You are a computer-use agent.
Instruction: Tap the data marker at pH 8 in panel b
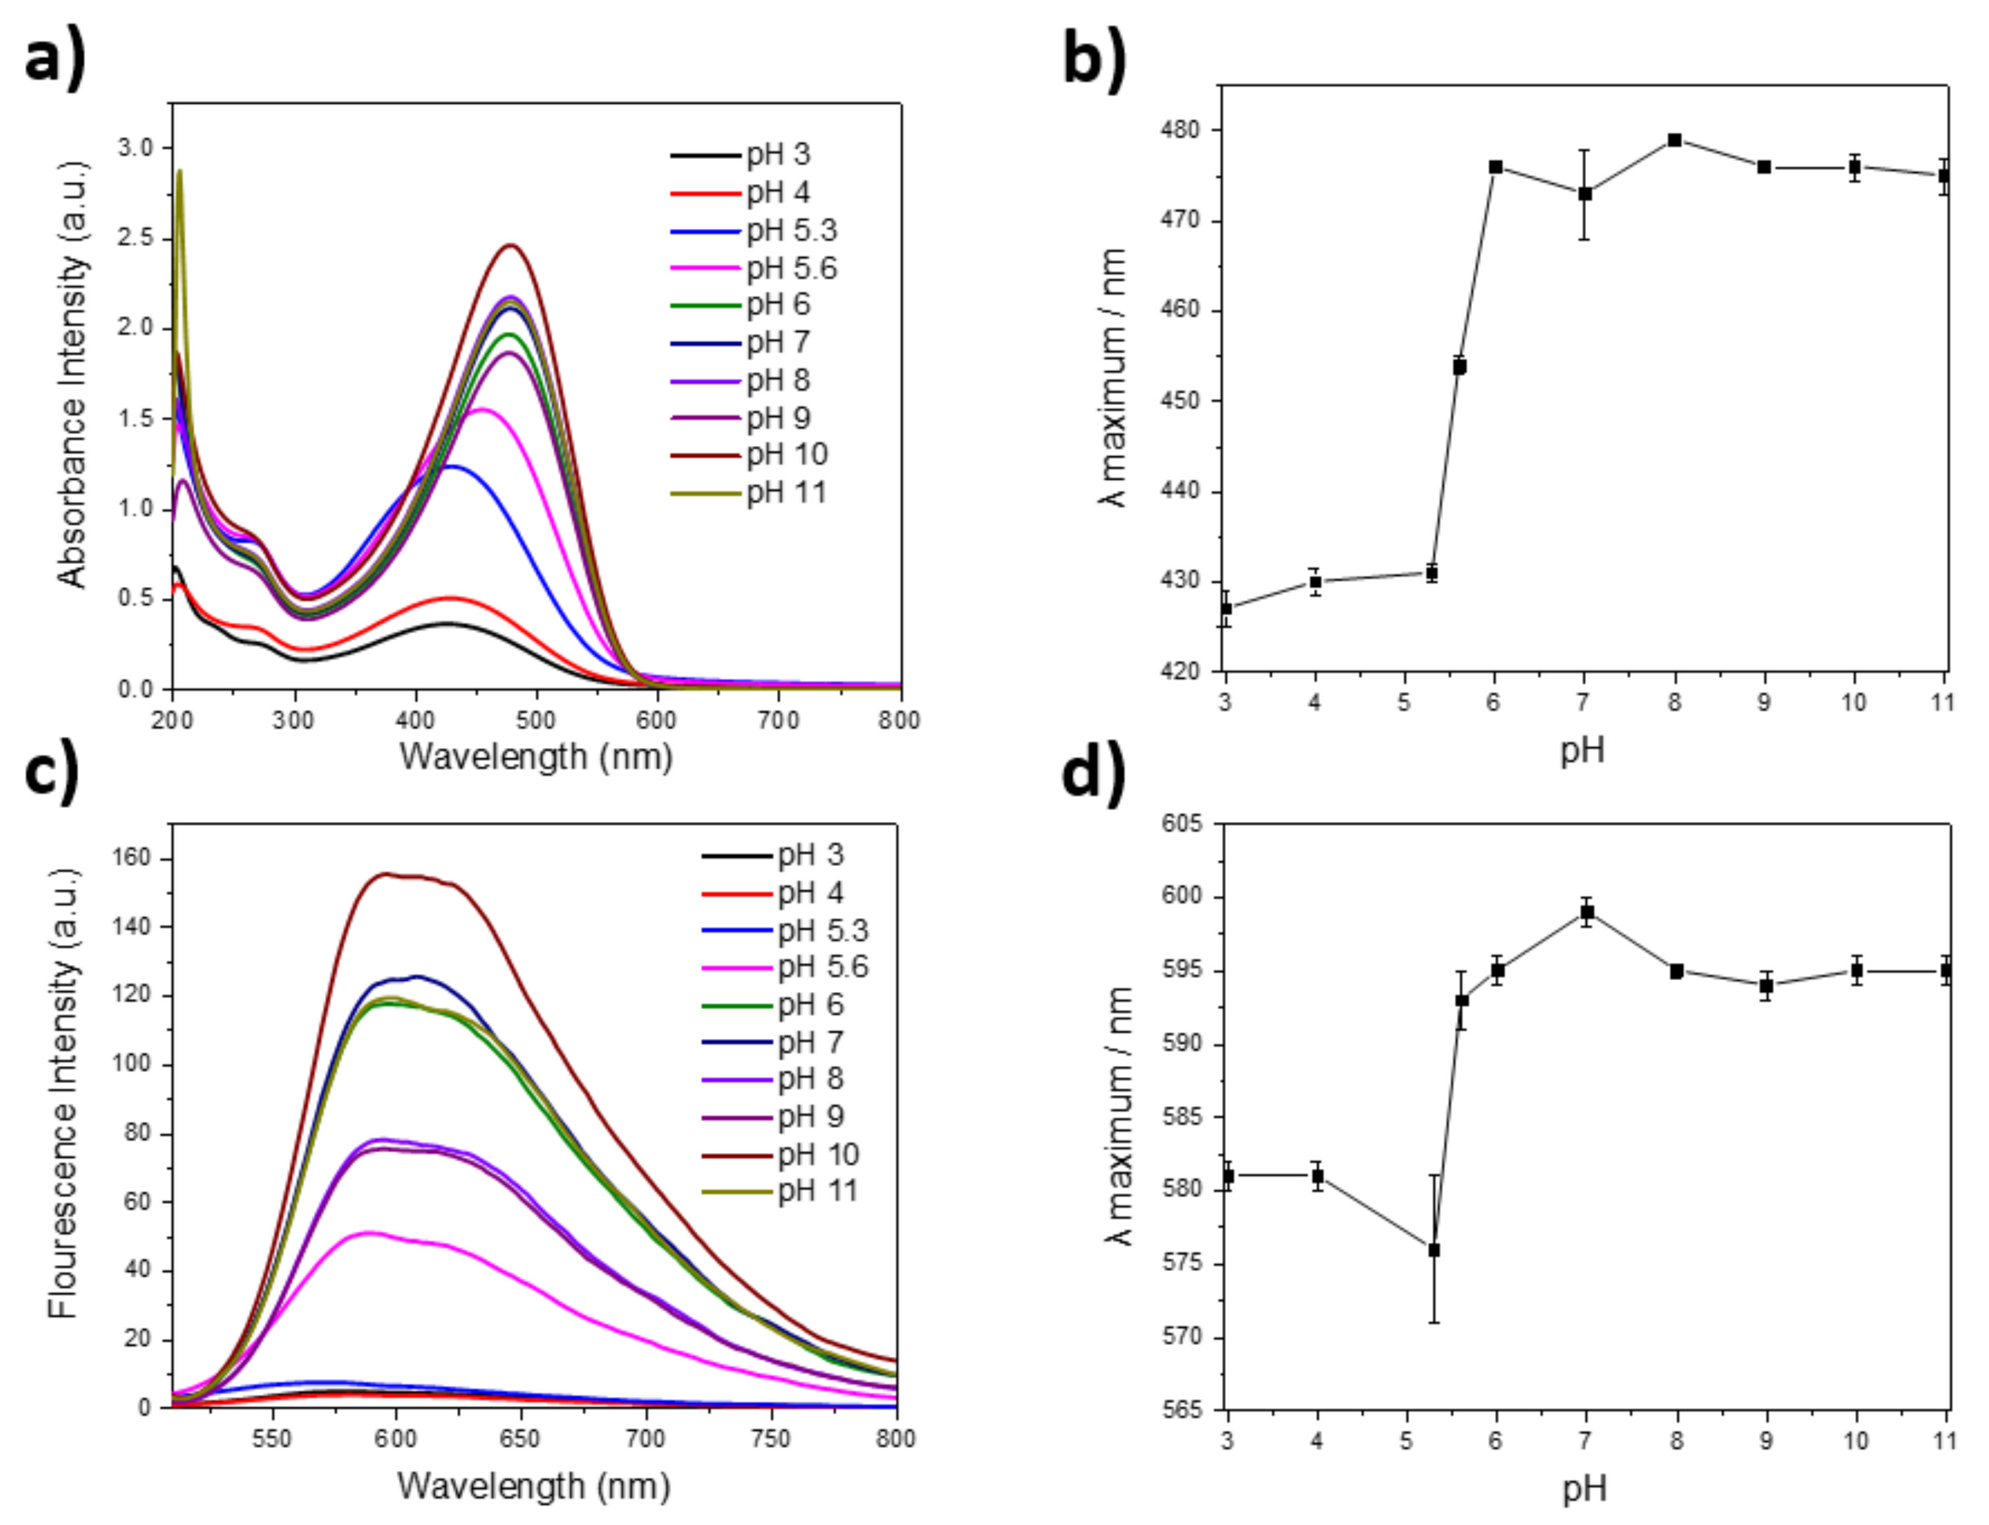[1674, 140]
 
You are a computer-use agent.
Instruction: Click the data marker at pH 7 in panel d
[1586, 912]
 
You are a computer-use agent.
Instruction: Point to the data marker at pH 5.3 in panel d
[1434, 1250]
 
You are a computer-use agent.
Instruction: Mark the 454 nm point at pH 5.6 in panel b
[1459, 367]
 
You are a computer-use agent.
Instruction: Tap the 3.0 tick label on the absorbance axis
[136, 148]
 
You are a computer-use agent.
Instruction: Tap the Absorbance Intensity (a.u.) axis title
[73, 375]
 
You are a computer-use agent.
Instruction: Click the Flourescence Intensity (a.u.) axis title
[63, 1094]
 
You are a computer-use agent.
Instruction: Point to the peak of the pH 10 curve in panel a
[512, 245]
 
